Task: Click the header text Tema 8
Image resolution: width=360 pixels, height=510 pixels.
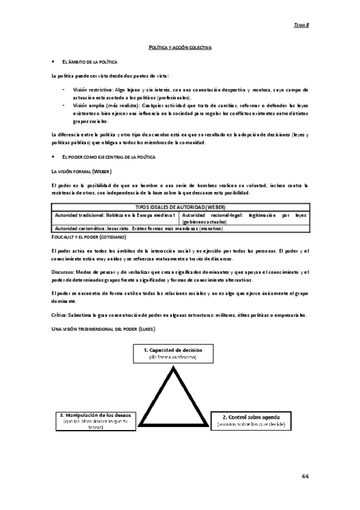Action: coord(301,25)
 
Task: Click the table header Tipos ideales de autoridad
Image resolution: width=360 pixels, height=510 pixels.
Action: coord(180,207)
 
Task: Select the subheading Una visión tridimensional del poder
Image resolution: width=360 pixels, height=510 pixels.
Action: coord(103,329)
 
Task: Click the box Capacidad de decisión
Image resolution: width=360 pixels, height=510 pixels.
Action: coord(172,353)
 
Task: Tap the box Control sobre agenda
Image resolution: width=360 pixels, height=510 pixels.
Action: coord(251,420)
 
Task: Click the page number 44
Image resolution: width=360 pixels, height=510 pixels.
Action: coord(305,476)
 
